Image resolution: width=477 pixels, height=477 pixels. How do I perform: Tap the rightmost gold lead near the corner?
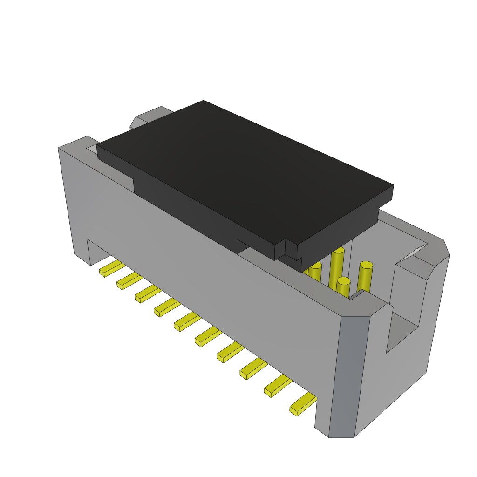[303, 403]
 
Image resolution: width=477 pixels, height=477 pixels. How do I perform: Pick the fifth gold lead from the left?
[187, 321]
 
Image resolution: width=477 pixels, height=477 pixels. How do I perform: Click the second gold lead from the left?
[129, 281]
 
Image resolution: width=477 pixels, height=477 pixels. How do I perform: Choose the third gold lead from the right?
[254, 368]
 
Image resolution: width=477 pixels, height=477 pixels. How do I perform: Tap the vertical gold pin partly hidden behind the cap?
[315, 273]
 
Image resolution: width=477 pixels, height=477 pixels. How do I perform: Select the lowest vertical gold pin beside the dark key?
[343, 288]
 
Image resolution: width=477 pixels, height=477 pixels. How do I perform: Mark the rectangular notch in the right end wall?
[403, 331]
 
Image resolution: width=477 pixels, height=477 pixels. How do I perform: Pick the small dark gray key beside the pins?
[356, 294]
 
